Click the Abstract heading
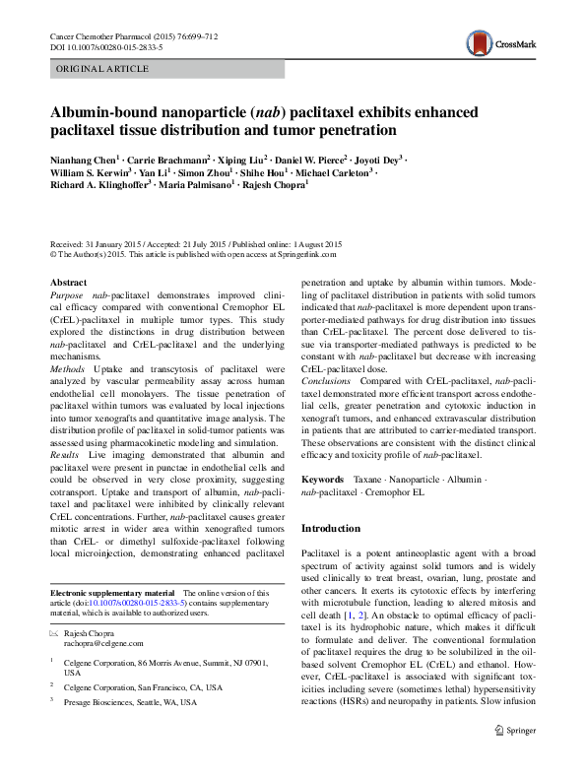click(x=68, y=282)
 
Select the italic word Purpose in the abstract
click(x=66, y=294)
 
